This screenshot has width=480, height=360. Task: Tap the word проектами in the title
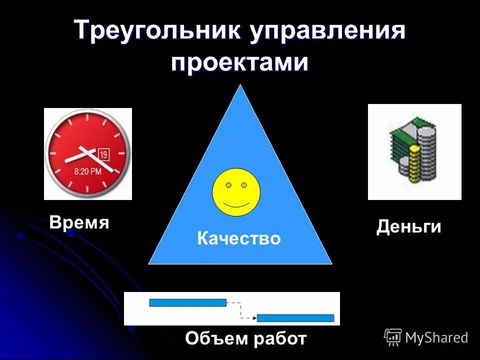point(240,63)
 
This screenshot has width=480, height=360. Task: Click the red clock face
point(88,153)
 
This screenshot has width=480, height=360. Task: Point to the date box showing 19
point(104,154)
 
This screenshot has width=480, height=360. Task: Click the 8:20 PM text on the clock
point(87,171)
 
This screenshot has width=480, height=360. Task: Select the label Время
point(79,222)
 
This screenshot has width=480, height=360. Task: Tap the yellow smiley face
point(236,192)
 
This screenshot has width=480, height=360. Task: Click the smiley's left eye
point(228,185)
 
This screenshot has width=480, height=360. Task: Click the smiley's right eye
point(244,185)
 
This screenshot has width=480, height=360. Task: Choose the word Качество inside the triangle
point(239,238)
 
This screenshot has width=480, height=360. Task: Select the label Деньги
point(408,227)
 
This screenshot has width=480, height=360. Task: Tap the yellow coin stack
point(414,162)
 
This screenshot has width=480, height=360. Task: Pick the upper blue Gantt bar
point(187,302)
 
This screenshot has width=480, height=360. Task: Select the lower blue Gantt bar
point(295,318)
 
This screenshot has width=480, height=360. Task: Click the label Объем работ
point(245,338)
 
